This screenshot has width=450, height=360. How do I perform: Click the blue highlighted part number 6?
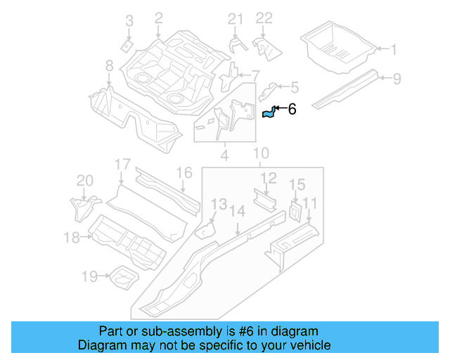(268, 112)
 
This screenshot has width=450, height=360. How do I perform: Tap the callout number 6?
(292, 109)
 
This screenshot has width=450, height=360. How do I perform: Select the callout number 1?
(393, 49)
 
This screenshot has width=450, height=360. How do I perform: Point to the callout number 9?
(397, 79)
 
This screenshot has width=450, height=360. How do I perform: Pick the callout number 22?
(263, 18)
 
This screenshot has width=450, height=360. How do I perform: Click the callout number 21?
(235, 18)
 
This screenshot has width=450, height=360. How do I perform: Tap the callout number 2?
(158, 18)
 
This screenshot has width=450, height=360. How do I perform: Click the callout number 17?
(123, 165)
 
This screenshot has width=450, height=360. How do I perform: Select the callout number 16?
(184, 172)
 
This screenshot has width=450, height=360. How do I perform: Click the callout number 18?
(72, 238)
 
